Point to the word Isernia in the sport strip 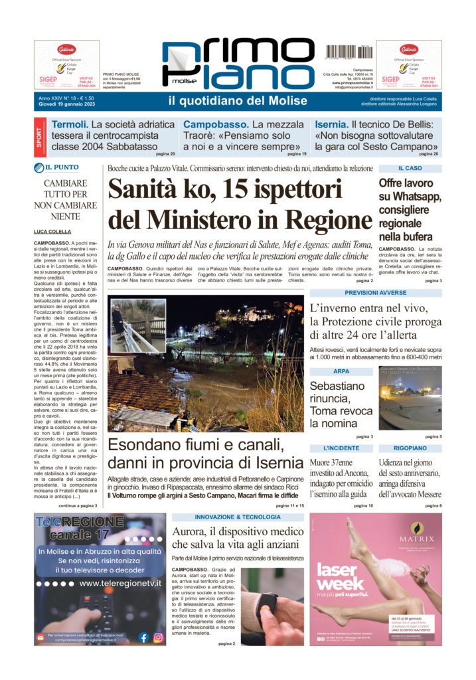click(x=331, y=124)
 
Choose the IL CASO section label click(x=410, y=169)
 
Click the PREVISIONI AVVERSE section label click(x=375, y=292)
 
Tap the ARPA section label click(x=341, y=371)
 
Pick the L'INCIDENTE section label click(x=341, y=448)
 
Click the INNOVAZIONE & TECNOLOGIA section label click(x=238, y=517)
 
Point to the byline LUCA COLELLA click(x=53, y=231)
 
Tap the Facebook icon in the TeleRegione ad click(x=143, y=637)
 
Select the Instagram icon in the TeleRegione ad click(x=158, y=637)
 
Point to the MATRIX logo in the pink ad click(x=416, y=539)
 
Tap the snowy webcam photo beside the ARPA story click(x=410, y=398)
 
